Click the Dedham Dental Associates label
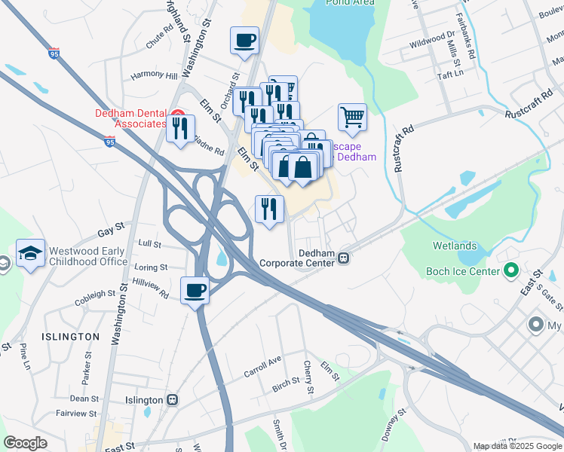pos(130,119)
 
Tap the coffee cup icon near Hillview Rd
pos(195,290)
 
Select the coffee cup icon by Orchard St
pos(244,41)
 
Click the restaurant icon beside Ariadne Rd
pos(180,128)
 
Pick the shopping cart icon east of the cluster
pos(352,117)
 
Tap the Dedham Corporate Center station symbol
pos(343,258)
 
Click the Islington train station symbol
pos(173,400)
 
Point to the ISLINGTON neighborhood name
pos(71,337)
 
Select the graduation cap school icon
pos(30,254)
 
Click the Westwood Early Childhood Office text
pos(89,256)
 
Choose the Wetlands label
pos(455,246)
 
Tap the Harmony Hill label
pos(154,76)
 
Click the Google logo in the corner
pos(25,443)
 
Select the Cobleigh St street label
pos(94,298)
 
